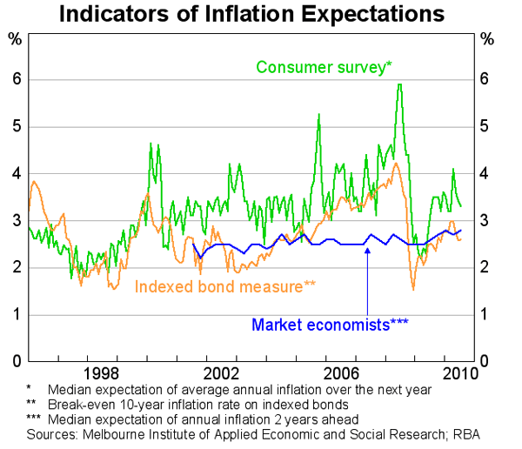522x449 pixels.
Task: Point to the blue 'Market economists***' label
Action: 330,325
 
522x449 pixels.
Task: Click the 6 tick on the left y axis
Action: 16,79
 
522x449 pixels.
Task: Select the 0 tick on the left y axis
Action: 16,360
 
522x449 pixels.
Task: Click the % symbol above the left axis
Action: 15,40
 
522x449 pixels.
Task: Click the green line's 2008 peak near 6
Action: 398,84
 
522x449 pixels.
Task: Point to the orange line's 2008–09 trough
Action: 413,289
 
